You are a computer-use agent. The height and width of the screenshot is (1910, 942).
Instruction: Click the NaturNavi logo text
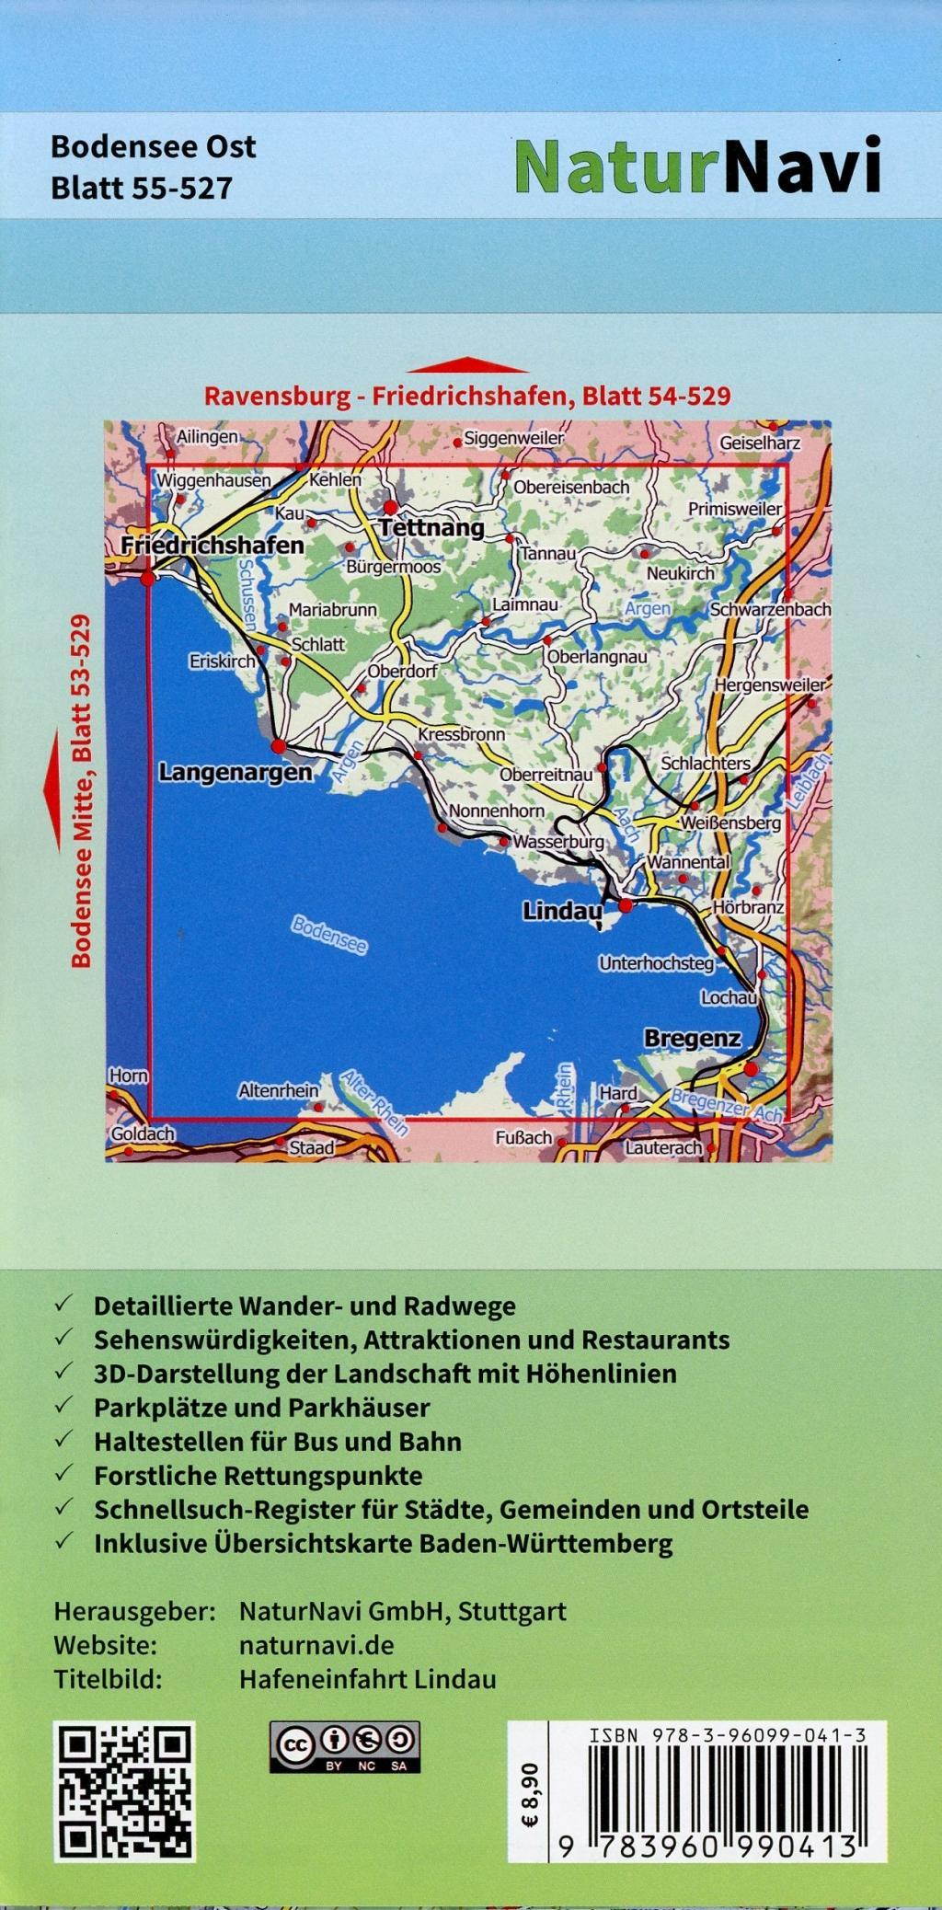coord(697,167)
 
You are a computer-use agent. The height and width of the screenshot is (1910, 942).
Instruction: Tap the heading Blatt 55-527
coord(141,188)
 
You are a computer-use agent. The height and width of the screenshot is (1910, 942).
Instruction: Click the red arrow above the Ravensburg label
coord(467,364)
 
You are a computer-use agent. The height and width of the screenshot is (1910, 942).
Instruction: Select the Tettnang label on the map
coord(431,528)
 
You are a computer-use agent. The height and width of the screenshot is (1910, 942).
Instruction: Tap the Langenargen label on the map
coord(235,772)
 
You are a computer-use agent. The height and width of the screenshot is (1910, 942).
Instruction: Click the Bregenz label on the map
coord(692,1039)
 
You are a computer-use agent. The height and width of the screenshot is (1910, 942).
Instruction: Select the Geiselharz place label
coord(759,443)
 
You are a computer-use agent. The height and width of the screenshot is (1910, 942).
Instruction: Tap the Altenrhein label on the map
coord(278,1091)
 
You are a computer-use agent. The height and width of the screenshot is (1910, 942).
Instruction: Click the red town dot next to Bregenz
coord(752,1069)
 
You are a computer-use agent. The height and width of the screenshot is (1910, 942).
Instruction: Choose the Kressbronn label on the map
coord(461,735)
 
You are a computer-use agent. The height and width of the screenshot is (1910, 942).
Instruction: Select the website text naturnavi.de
coord(316,1644)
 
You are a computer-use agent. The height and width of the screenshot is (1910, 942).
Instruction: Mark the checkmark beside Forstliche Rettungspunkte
coord(63,1475)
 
